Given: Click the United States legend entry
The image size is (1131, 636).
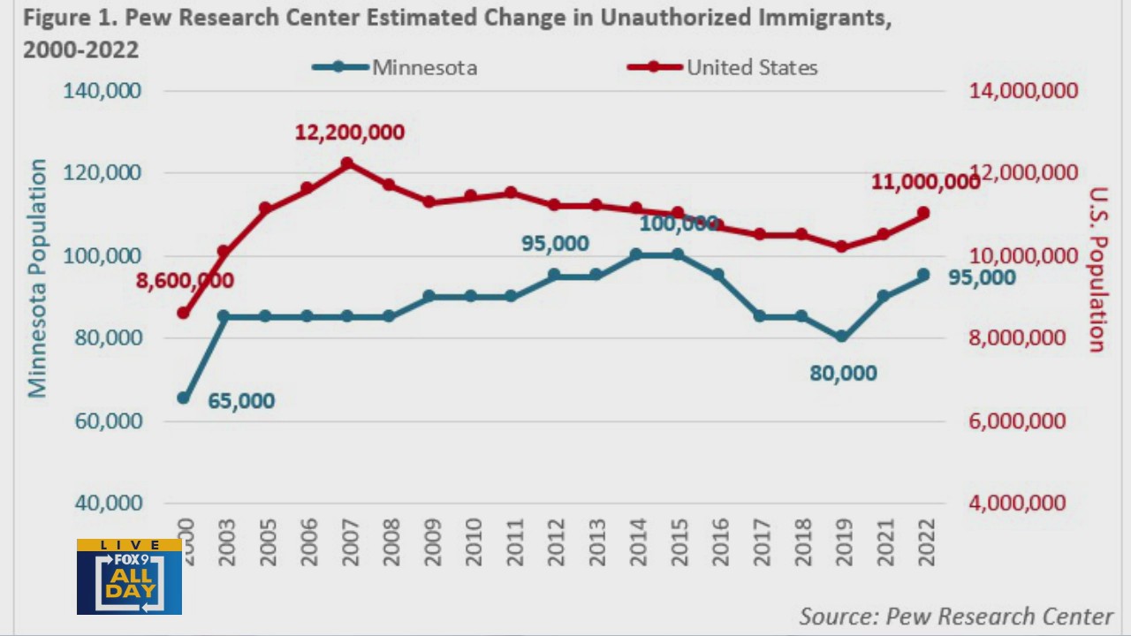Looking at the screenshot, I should coord(723,67).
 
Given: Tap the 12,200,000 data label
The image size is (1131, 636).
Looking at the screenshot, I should coord(349,132).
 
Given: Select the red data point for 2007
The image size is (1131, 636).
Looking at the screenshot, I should coord(347,163).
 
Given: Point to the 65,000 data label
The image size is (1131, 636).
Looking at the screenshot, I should coord(241,401).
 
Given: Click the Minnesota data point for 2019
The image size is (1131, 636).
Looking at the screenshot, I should coord(841,337).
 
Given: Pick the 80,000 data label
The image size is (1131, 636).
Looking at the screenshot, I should coord(843,374).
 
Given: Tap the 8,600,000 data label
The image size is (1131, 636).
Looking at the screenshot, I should coord(185,281).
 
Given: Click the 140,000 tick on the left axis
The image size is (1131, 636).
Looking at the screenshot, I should coord(101,91).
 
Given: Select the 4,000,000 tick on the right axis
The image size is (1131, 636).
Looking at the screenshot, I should coord(1017,503).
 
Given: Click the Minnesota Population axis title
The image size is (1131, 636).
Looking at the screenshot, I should coord(36,278).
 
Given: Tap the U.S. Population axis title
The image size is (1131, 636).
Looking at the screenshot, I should coord(1097,269).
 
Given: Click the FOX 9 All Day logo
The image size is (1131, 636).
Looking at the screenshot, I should coord(129,577).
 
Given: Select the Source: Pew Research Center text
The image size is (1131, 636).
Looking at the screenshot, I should coord(955,616).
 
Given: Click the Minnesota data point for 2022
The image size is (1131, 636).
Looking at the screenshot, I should coord(923,275).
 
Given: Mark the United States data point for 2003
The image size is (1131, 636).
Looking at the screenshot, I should coord(224,253).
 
